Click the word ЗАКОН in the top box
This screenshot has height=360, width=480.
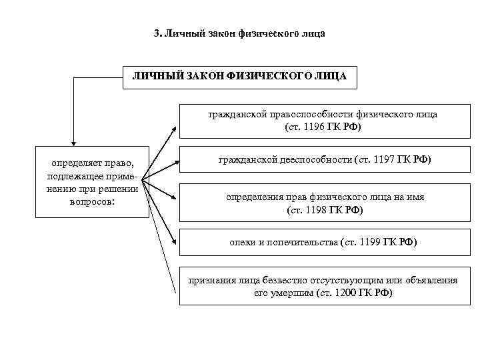pos(203,77)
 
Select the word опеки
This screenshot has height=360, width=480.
pos(242,243)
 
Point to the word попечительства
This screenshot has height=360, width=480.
pos(301,243)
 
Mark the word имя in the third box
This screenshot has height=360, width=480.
pos(415,197)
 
